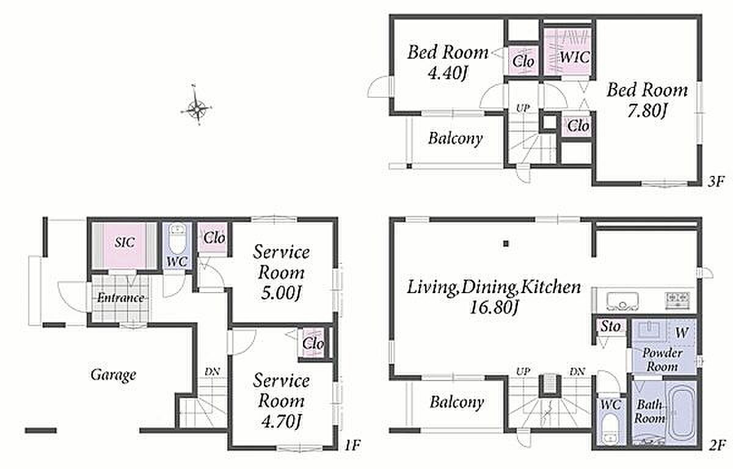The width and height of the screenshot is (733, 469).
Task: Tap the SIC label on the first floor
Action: coord(125,242)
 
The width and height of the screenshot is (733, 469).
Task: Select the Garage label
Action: coord(113,374)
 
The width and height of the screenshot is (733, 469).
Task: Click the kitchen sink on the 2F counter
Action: coord(622,301)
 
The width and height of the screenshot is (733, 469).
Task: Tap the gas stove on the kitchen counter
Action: coord(679,300)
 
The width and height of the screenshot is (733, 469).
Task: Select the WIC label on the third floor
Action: coord(575,57)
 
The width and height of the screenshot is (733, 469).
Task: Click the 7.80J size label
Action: coord(647,111)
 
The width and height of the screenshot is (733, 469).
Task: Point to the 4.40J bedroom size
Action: coord(447,73)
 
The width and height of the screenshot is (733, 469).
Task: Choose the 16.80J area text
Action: coord(494,307)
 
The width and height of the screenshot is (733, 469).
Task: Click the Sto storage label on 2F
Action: coord(610,326)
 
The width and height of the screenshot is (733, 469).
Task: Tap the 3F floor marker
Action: coord(716,181)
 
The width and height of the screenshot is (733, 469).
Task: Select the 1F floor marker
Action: coord(352,445)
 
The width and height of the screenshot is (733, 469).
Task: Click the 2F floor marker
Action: coord(717,445)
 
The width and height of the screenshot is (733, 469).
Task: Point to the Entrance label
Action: coord(121,298)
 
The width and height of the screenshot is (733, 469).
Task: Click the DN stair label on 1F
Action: coord(212,372)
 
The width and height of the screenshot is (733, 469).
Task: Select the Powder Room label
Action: coord(662,360)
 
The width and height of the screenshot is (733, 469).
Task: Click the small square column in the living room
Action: coord(506,243)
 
